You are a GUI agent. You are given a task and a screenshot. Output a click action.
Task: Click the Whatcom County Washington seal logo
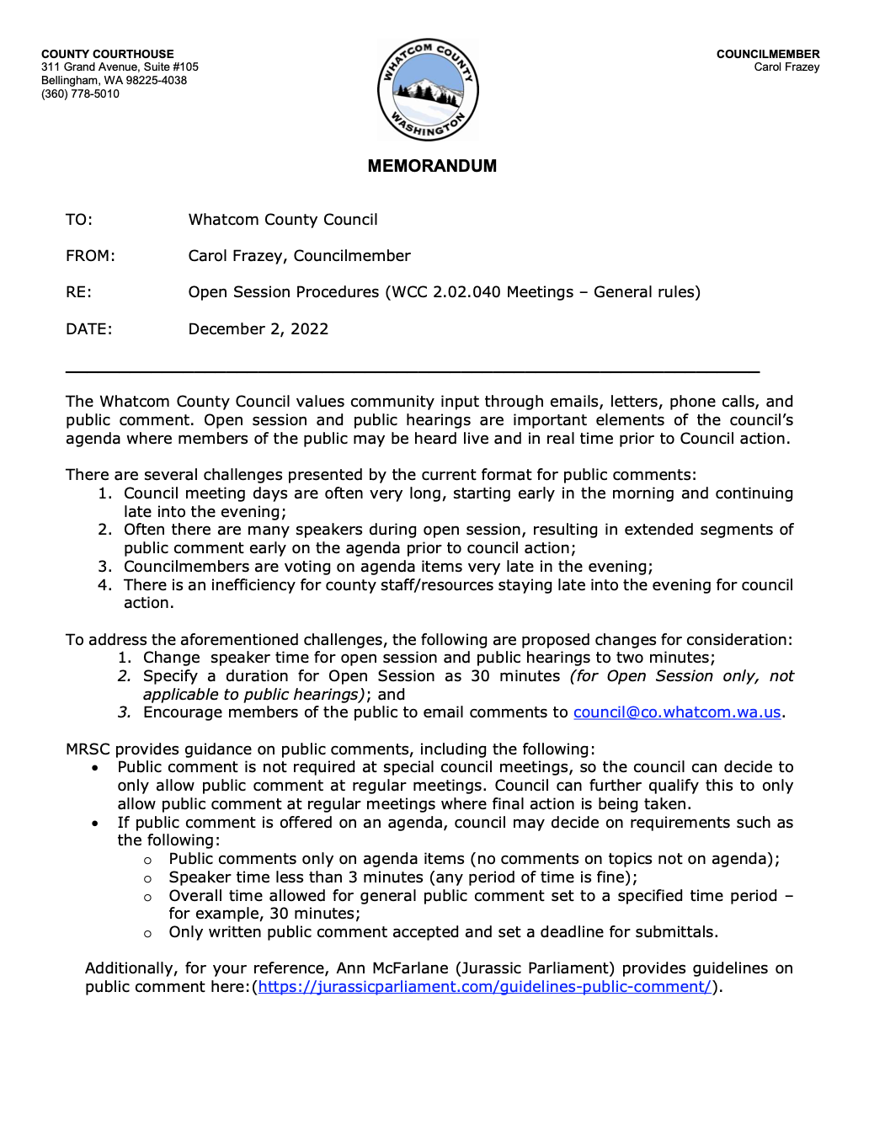pyautogui.click(x=428, y=89)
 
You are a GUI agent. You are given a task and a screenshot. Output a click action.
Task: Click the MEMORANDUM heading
pyautogui.click(x=432, y=166)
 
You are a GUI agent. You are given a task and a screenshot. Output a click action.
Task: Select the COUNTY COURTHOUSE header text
pyautogui.click(x=108, y=54)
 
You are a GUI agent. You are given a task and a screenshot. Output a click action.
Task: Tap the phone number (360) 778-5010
pyautogui.click(x=80, y=94)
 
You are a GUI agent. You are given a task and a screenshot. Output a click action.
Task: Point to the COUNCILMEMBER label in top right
pyautogui.click(x=768, y=54)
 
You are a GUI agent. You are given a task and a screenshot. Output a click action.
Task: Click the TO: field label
pyautogui.click(x=79, y=220)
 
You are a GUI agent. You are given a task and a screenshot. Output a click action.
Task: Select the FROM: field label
pyautogui.click(x=90, y=256)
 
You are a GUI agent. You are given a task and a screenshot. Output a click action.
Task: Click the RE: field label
pyautogui.click(x=79, y=292)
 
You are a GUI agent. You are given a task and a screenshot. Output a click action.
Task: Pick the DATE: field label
pyautogui.click(x=89, y=329)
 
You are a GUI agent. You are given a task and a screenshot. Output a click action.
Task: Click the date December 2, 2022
pyautogui.click(x=259, y=329)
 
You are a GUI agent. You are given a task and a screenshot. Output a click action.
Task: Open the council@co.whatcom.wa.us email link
pyautogui.click(x=677, y=712)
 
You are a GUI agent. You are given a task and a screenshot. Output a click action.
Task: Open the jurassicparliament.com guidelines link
pyautogui.click(x=484, y=987)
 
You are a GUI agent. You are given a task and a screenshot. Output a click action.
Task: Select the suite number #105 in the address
pyautogui.click(x=184, y=67)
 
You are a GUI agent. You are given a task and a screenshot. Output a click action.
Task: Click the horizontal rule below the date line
pyautogui.click(x=413, y=371)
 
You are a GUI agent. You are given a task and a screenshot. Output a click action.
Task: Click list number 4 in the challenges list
pyautogui.click(x=104, y=585)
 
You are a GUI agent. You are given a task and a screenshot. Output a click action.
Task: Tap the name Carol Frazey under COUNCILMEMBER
pyautogui.click(x=786, y=67)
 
